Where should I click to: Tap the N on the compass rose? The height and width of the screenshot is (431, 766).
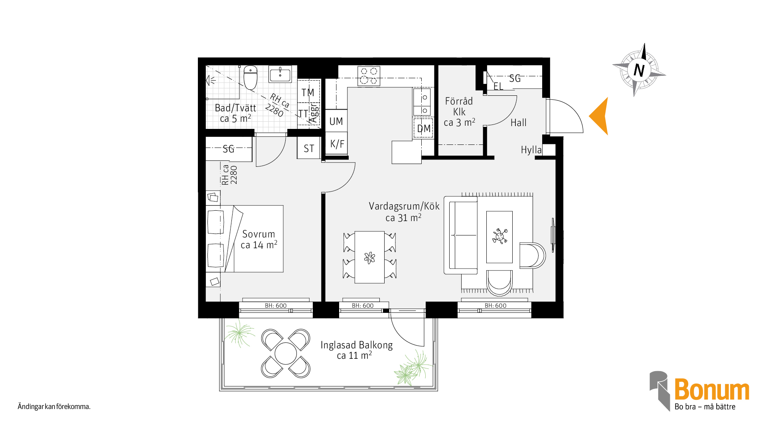(x=639, y=70)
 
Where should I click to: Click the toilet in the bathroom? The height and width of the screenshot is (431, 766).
(x=251, y=77)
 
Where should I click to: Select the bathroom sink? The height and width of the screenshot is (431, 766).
(x=280, y=74)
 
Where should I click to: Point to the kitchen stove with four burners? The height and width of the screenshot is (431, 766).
(x=369, y=76)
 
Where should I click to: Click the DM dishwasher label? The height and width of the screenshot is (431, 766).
(x=424, y=129)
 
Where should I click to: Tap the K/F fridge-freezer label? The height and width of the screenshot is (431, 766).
(x=337, y=144)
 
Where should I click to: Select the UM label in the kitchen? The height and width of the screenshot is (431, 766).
(x=336, y=121)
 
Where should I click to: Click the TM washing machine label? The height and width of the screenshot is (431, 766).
(x=308, y=93)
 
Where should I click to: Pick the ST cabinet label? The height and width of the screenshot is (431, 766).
(x=309, y=149)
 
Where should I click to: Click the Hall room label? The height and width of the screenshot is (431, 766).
(x=519, y=123)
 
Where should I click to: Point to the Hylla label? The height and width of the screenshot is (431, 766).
(x=531, y=150)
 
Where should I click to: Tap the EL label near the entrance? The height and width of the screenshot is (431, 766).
(x=498, y=86)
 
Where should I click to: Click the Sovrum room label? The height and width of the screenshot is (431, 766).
(x=259, y=234)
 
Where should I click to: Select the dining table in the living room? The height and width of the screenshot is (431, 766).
(x=369, y=257)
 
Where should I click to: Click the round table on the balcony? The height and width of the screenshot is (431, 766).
(x=286, y=354)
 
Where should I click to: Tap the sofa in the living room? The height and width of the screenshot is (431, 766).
(x=461, y=235)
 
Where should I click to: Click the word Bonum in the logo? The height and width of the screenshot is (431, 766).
(x=712, y=390)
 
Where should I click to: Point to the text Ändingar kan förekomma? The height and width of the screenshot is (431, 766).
(x=54, y=407)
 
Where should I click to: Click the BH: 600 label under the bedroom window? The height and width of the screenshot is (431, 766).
(x=276, y=306)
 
